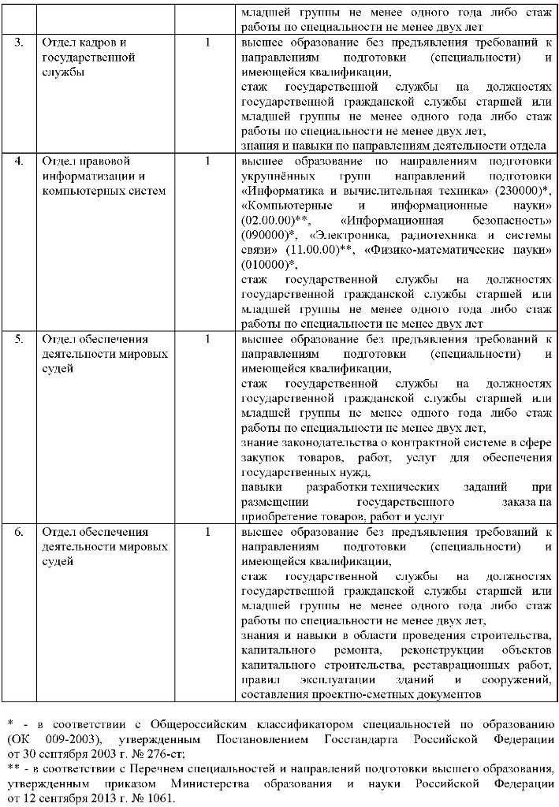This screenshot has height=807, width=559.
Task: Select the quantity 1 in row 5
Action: (x=207, y=339)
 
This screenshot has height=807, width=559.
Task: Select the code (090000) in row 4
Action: (x=264, y=235)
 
